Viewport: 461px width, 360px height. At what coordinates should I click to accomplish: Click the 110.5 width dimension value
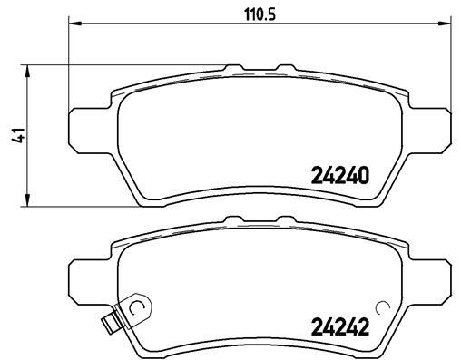click(x=260, y=15)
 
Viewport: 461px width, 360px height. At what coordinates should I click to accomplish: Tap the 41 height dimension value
click(x=18, y=135)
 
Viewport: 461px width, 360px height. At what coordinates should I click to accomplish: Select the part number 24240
click(x=340, y=176)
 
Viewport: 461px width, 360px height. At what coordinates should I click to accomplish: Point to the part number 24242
click(x=340, y=327)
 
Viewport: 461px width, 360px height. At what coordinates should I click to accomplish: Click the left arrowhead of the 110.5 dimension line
click(x=75, y=23)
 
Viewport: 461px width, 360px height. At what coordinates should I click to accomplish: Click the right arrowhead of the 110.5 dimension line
click(x=445, y=23)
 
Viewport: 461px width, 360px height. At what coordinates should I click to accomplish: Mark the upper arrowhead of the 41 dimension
click(x=27, y=72)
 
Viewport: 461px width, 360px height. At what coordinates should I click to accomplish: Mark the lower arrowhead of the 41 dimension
click(x=27, y=200)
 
